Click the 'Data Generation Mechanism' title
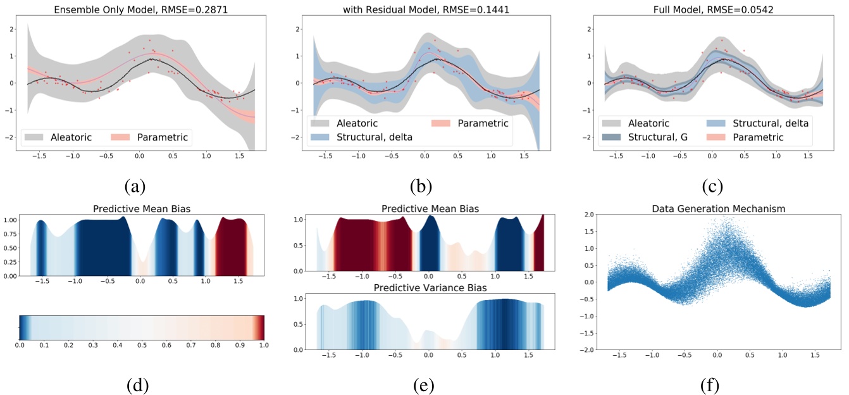[x=712, y=208]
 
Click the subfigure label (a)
[x=135, y=186]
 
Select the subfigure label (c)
[x=712, y=186]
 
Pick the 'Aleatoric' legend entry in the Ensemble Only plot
[x=71, y=136]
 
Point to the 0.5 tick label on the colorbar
[x=142, y=346]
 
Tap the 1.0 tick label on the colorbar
[x=264, y=346]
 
